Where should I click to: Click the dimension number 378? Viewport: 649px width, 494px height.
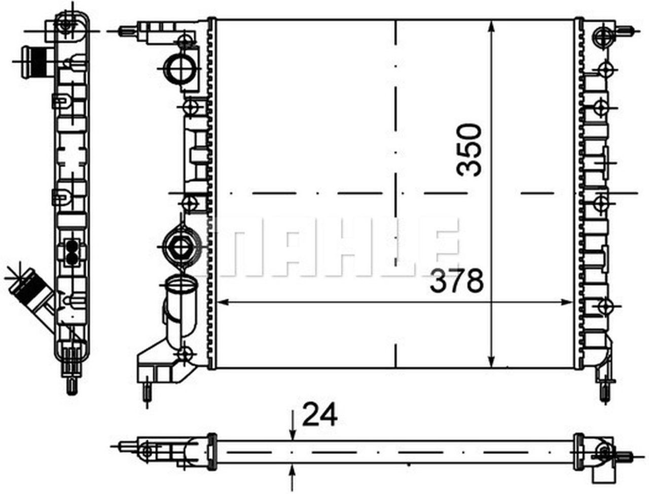click(457, 281)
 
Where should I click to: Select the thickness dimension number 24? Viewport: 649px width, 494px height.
click(319, 415)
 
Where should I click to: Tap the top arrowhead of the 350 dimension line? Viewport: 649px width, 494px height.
click(491, 26)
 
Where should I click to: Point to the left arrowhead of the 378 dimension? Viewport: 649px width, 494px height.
click(223, 302)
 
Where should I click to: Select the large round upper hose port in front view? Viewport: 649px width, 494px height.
click(180, 69)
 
